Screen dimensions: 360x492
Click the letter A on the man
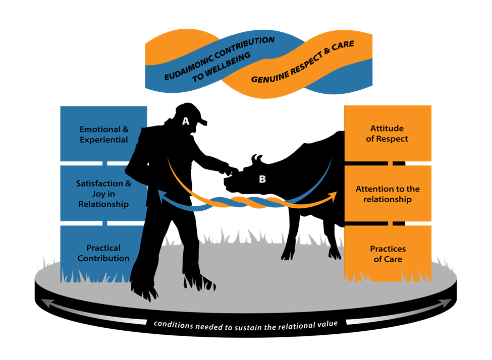pyautogui.click(x=186, y=121)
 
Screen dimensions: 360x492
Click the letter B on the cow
pyautogui.click(x=262, y=178)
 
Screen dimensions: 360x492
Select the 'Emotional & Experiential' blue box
pyautogui.click(x=103, y=134)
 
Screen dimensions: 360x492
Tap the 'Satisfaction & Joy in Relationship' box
pyautogui.click(x=103, y=194)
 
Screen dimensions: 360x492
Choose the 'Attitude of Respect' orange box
pyautogui.click(x=387, y=133)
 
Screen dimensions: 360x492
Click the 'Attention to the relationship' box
pyautogui.click(x=387, y=194)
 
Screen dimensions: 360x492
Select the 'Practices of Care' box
pyautogui.click(x=387, y=254)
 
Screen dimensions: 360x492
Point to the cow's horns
pyautogui.click(x=257, y=158)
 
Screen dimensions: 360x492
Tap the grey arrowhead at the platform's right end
pyautogui.click(x=447, y=303)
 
